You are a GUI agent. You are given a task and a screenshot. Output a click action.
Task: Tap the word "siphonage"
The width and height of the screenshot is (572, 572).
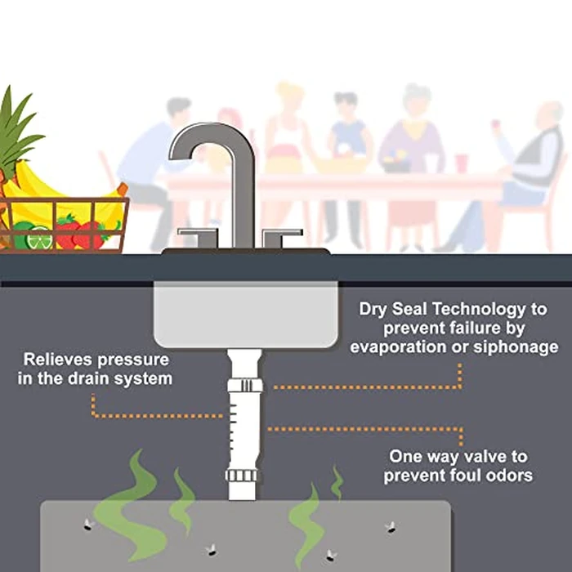coord(516,347)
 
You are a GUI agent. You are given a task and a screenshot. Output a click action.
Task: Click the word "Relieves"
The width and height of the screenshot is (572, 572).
coord(59,360)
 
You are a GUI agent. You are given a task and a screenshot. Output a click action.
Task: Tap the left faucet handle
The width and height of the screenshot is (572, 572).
coord(199,236)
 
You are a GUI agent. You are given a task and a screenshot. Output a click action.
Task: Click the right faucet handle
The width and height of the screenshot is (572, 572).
coord(282,236)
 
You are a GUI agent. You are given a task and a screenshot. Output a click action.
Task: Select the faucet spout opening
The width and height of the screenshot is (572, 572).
coord(180,157)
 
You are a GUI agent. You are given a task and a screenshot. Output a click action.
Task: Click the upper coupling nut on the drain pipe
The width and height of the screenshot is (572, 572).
coord(245,386)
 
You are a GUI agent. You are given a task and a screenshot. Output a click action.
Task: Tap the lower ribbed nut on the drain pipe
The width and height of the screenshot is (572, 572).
coord(242,476)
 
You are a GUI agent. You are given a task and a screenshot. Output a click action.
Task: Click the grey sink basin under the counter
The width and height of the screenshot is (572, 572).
coord(245,315)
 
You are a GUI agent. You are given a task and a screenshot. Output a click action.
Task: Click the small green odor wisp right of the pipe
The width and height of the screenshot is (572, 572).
coord(337,482)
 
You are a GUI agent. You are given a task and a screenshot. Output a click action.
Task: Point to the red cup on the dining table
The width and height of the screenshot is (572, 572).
coord(461,163)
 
